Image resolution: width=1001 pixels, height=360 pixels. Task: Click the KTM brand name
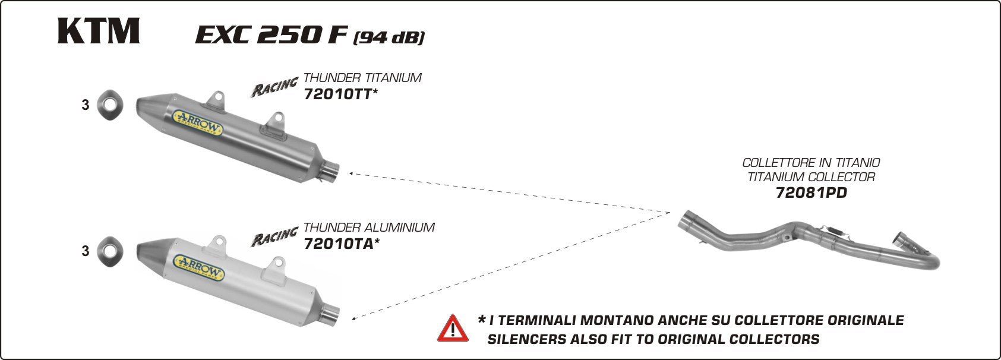pyautogui.click(x=99, y=31)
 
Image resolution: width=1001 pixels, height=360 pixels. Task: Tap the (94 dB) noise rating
pyautogui.click(x=389, y=38)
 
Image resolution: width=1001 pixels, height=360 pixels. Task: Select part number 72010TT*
pyautogui.click(x=340, y=93)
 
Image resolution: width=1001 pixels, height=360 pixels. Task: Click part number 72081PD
pyautogui.click(x=811, y=192)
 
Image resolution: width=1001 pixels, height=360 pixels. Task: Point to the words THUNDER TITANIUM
pyautogui.click(x=362, y=78)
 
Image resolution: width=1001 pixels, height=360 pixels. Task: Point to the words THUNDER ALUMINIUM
pyautogui.click(x=369, y=228)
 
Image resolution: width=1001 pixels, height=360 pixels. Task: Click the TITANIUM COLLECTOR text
pyautogui.click(x=811, y=177)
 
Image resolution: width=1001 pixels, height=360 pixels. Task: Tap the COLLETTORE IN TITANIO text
pyautogui.click(x=811, y=162)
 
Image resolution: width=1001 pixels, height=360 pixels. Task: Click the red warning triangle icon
pyautogui.click(x=453, y=328)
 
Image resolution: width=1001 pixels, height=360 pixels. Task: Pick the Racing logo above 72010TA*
pyautogui.click(x=274, y=236)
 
